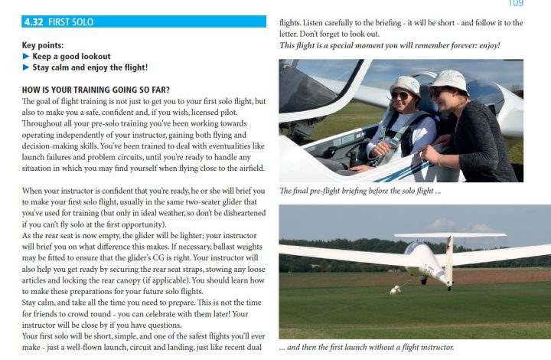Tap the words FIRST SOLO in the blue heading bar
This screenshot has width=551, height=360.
pyautogui.click(x=70, y=22)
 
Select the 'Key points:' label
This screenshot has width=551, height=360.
pyautogui.click(x=43, y=46)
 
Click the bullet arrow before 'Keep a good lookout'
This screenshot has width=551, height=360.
pyautogui.click(x=26, y=57)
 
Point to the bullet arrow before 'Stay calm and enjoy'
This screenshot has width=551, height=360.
pyautogui.click(x=26, y=67)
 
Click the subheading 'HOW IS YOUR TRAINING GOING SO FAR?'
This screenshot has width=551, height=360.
pyautogui.click(x=96, y=90)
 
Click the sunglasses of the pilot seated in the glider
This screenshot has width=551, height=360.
pyautogui.click(x=400, y=95)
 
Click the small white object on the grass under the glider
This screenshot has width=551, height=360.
pyautogui.click(x=395, y=290)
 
